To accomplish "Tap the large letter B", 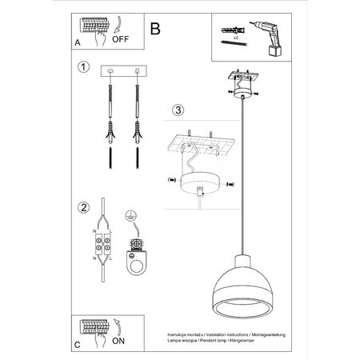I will point(155,29).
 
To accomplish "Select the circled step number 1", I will point(82,67).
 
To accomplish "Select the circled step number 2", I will point(82,207).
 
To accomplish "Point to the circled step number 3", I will point(178,109).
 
